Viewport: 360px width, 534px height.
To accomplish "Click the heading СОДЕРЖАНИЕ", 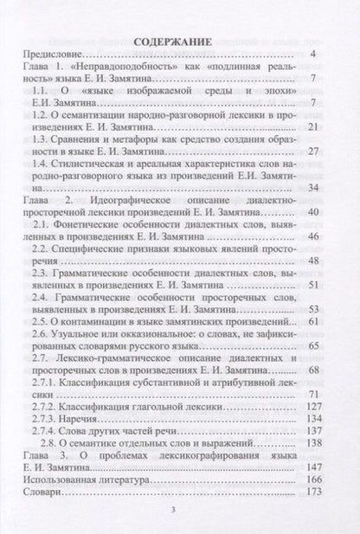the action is (178, 40).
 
